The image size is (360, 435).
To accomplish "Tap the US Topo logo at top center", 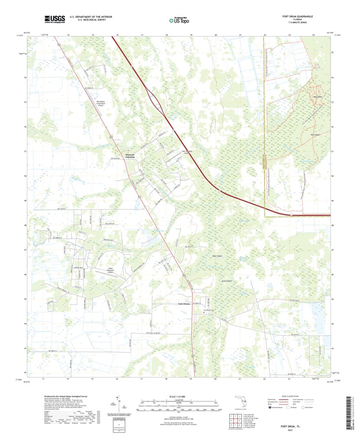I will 179,19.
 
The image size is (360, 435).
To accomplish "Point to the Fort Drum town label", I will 184,304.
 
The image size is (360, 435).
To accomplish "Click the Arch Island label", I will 226,281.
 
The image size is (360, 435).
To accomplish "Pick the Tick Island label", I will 314,135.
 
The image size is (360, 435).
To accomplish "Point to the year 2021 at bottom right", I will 297,430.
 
